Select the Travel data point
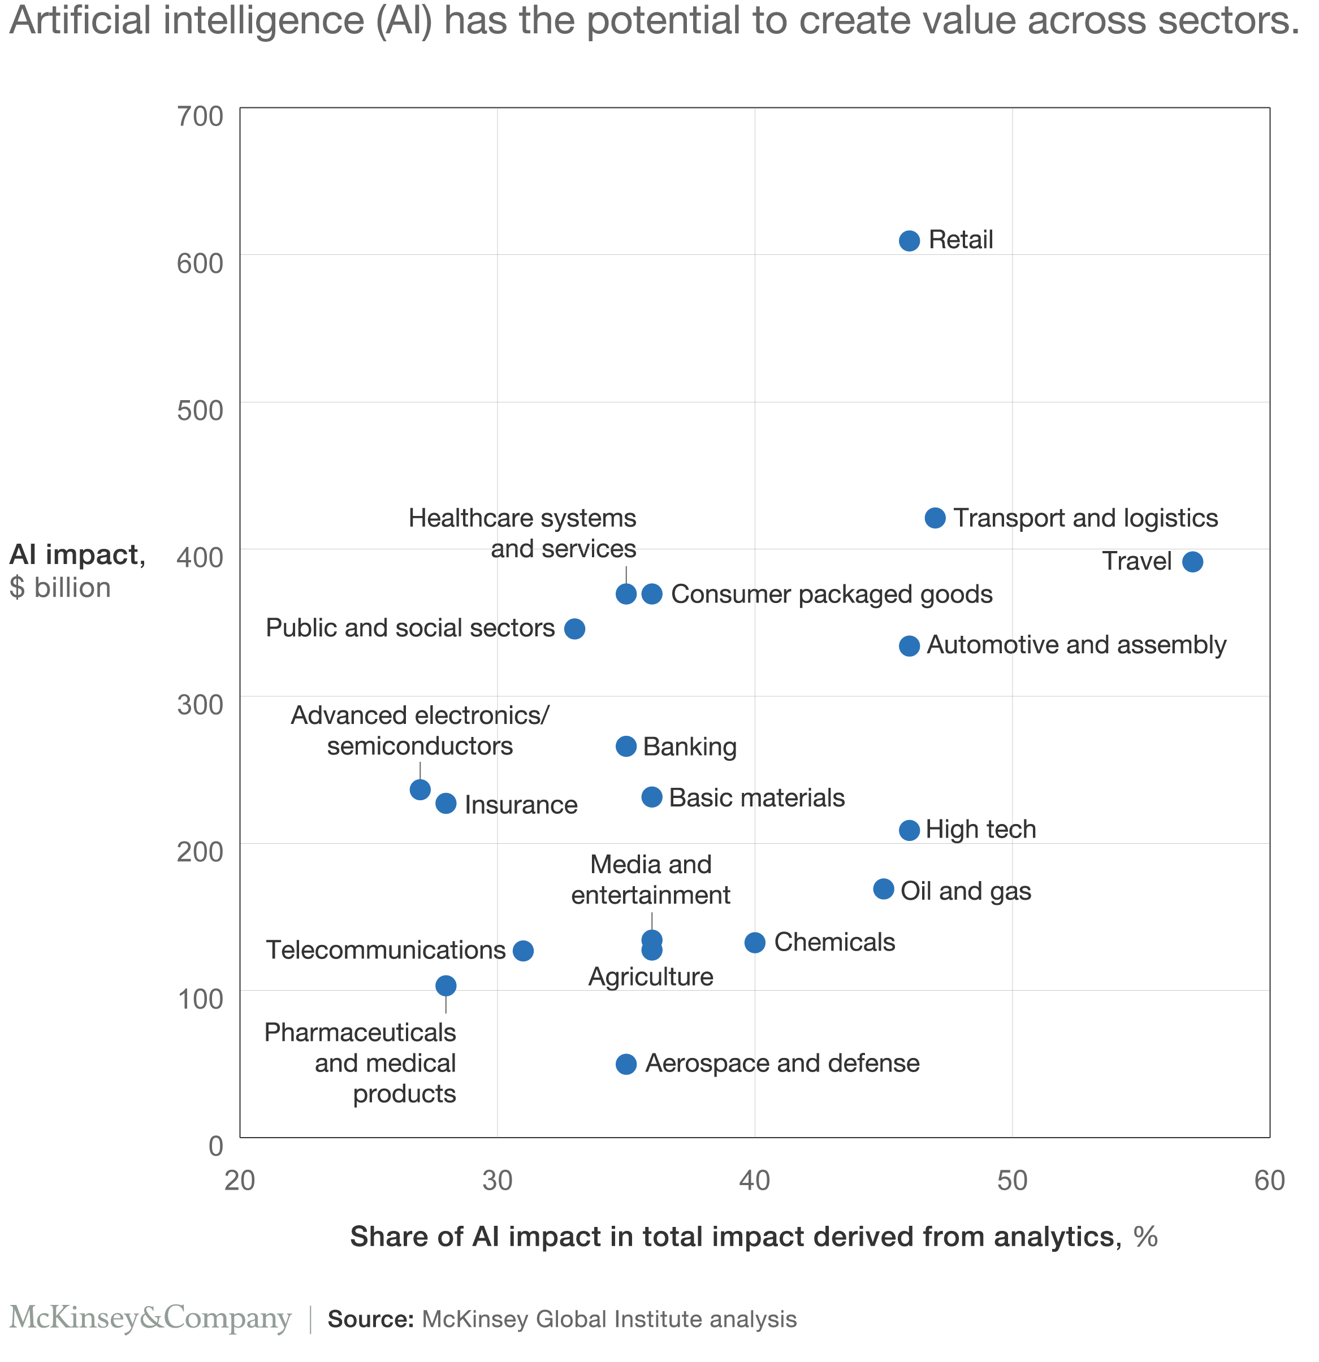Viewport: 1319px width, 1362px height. [1192, 562]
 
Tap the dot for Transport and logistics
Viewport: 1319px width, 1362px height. [935, 518]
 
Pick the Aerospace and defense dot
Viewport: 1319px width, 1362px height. [626, 1064]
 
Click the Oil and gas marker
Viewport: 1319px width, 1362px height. [883, 889]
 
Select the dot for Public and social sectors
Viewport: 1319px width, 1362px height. [574, 629]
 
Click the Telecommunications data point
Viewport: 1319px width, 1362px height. [523, 951]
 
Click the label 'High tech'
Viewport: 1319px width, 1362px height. [980, 829]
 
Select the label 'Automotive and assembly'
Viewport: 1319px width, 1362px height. [1076, 645]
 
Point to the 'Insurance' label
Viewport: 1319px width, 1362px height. [521, 805]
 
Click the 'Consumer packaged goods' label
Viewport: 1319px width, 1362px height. [832, 594]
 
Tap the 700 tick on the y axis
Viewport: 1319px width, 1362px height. [200, 116]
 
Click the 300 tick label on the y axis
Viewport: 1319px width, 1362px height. [200, 705]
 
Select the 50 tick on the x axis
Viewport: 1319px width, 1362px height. [1011, 1180]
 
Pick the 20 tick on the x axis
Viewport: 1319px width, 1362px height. [240, 1180]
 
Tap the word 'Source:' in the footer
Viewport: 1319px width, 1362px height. [371, 1319]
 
